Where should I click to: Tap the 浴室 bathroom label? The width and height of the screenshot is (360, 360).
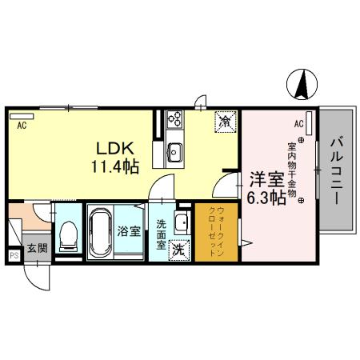click(129, 233)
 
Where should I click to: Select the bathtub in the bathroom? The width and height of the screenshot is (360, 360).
click(101, 231)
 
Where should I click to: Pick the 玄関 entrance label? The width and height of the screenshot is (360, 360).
click(37, 249)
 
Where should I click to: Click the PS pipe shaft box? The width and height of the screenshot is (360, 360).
click(14, 256)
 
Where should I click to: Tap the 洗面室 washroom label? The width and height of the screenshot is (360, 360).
click(161, 234)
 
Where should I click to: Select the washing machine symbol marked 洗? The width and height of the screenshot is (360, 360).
click(179, 249)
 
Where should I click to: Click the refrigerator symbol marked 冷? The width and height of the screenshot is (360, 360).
click(226, 122)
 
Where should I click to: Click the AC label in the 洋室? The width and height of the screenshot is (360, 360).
click(298, 123)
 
